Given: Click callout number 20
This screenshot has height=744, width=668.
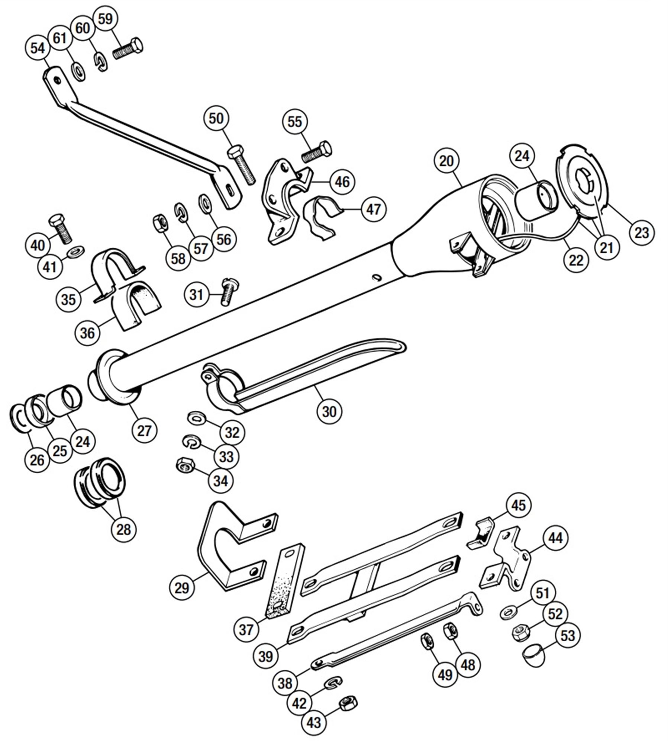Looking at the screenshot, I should (446, 161).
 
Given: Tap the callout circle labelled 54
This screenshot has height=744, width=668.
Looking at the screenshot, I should (38, 49).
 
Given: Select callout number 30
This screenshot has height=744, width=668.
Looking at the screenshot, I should (329, 411).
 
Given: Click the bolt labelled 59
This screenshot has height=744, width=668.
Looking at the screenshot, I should (128, 49).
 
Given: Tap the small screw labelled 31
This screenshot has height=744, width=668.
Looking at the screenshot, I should (225, 292).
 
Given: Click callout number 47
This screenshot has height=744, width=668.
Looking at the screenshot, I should (373, 209).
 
